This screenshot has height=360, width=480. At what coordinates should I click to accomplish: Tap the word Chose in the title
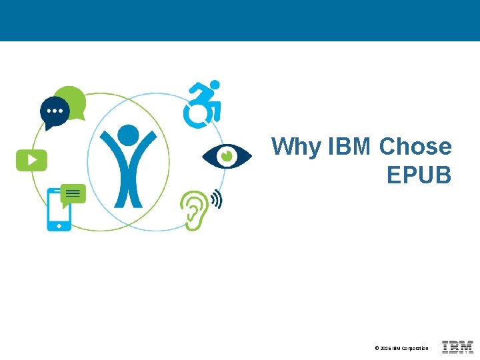pos(415,147)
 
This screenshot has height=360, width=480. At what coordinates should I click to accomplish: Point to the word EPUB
pos(419,175)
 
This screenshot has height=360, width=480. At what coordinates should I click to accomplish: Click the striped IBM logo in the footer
pos(457,347)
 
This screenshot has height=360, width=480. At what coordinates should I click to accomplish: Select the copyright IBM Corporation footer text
pos(401,348)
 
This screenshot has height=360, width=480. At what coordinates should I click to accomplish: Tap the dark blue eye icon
pos(227,157)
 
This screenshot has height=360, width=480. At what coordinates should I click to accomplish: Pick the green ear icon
pos(194,209)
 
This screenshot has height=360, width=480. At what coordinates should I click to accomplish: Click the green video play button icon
pos(31,160)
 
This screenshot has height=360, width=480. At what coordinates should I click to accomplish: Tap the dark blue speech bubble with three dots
pos(54,111)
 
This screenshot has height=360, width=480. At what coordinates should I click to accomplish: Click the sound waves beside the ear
pos(216,199)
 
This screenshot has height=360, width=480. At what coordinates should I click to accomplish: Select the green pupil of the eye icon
pos(227,156)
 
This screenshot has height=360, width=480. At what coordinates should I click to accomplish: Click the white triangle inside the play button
pos(32,160)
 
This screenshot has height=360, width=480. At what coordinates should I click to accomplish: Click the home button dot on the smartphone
pos(59,226)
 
